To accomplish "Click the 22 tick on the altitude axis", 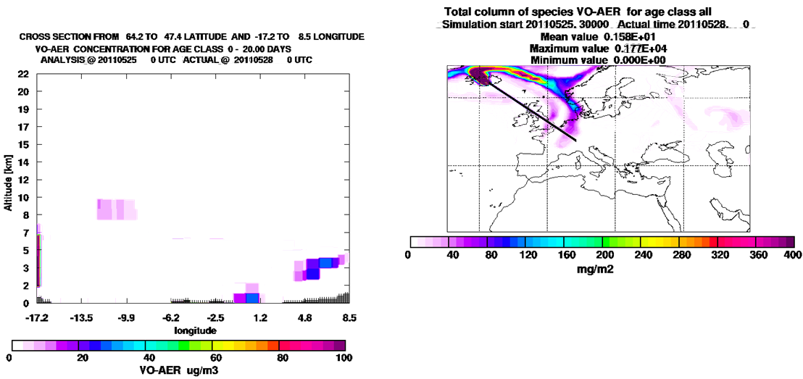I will pos(22,75).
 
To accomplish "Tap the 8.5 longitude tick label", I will pos(349,317).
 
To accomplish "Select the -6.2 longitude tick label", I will pos(171,317).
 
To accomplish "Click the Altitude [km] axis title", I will pos(8,182).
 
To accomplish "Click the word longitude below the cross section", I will pos(195,330).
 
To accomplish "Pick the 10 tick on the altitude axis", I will pos(22,197).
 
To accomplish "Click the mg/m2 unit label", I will pos(602,266).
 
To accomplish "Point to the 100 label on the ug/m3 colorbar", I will pos(344,357).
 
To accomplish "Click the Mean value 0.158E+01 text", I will pos(598,37).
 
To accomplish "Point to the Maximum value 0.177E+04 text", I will pos(598,48).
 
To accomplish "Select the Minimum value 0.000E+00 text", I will pos(598,59).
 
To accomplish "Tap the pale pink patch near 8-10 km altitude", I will pos(116,209).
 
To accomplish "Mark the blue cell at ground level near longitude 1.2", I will pos(252,298).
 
